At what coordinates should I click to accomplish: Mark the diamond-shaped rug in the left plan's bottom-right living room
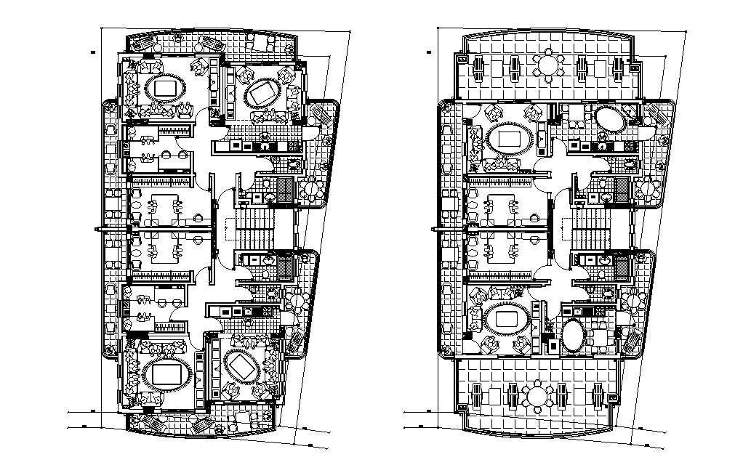[x=241, y=368]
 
